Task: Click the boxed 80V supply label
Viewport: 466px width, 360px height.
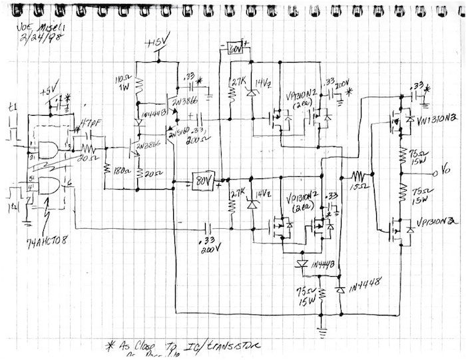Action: click(203, 180)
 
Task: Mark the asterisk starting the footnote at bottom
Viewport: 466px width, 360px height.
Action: click(111, 345)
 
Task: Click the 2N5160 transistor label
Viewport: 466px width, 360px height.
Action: click(178, 132)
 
